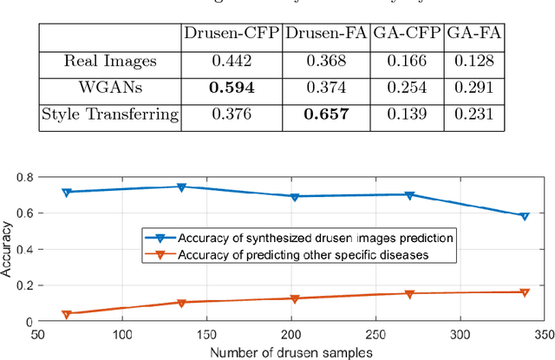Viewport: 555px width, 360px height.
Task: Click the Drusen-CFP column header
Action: coord(231,35)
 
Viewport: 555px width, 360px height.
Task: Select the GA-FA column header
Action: coord(468,35)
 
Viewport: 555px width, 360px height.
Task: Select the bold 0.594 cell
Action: coord(231,88)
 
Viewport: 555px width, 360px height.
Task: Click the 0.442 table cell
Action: coord(231,61)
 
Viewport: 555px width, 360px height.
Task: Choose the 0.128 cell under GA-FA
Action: coord(468,61)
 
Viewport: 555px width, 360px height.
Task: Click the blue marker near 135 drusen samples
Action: coord(181,187)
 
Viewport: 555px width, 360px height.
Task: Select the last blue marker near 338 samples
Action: coord(524,216)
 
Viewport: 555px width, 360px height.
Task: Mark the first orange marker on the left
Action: coord(67,313)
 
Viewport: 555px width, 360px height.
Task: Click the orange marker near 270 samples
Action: coord(410,294)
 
